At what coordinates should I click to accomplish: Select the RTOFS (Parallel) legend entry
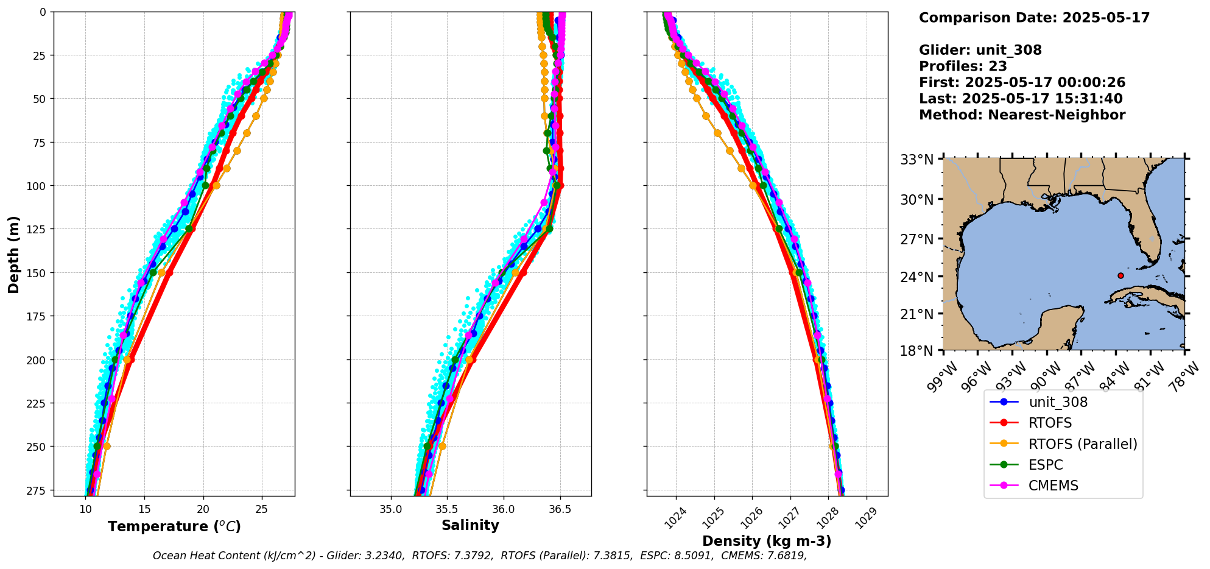click(x=1082, y=444)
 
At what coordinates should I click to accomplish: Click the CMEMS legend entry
click(x=1053, y=486)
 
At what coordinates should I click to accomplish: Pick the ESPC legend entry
click(x=1046, y=465)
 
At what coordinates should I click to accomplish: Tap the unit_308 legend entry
click(x=1058, y=402)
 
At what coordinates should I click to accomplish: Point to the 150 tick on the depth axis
click(x=38, y=272)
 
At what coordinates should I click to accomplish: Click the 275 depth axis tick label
click(x=38, y=490)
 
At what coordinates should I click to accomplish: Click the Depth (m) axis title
click(x=14, y=255)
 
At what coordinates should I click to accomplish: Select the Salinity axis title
click(x=470, y=525)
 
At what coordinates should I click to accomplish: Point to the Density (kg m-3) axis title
click(x=767, y=541)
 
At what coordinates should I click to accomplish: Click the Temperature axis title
click(x=174, y=526)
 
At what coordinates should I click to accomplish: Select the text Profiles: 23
click(x=963, y=66)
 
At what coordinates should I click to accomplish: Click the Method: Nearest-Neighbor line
click(x=1022, y=115)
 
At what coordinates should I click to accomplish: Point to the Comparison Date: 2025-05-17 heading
click(x=1034, y=18)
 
